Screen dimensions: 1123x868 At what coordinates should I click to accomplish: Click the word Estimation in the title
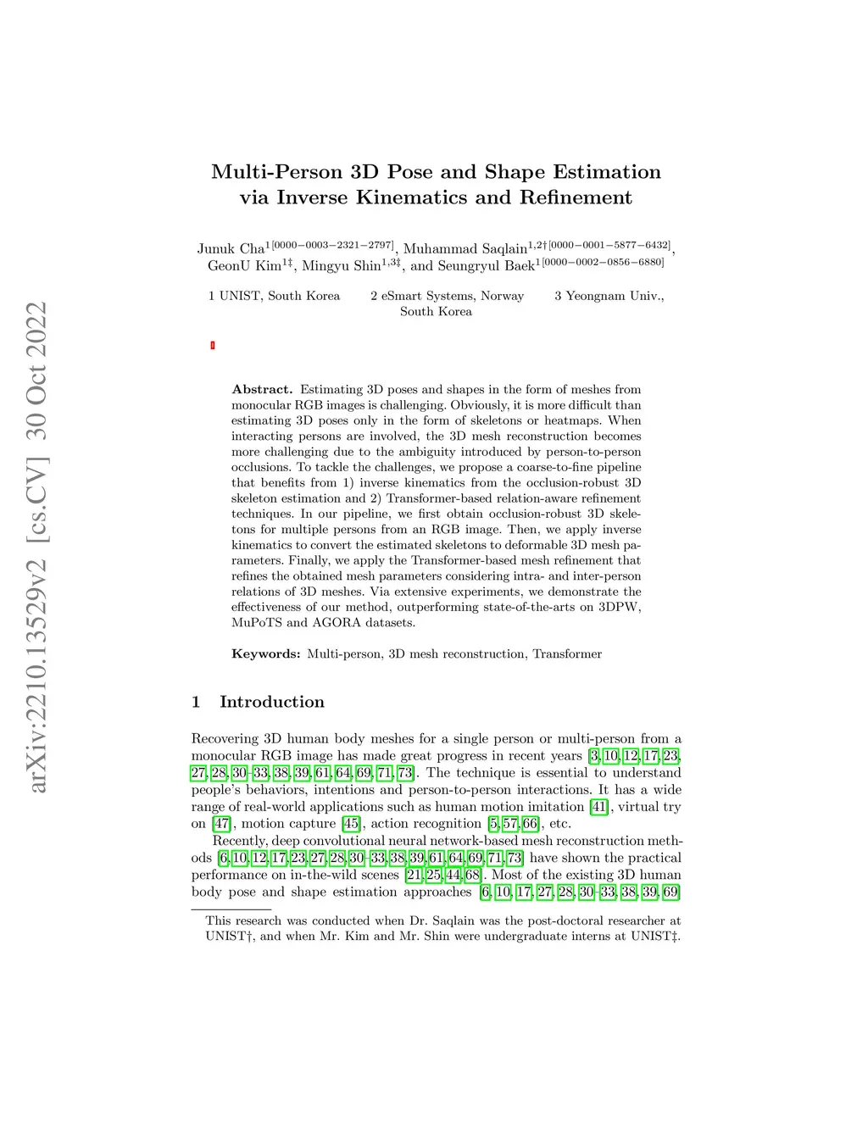pos(606,172)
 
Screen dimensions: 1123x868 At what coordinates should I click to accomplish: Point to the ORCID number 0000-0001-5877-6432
pos(609,245)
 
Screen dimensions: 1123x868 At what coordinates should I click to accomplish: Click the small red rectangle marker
pos(213,345)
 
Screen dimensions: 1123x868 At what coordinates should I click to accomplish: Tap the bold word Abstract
pos(262,389)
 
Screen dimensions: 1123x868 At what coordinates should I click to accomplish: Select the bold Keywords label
pos(265,653)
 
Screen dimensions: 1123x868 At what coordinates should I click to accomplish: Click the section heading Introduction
pos(271,702)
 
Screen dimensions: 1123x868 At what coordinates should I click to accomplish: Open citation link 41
pos(599,806)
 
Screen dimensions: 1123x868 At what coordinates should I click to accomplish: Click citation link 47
pos(221,823)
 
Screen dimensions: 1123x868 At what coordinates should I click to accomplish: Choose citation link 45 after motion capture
pos(351,823)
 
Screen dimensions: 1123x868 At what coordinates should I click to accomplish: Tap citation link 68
pos(472,875)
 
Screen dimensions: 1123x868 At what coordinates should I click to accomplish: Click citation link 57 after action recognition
pos(510,823)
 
